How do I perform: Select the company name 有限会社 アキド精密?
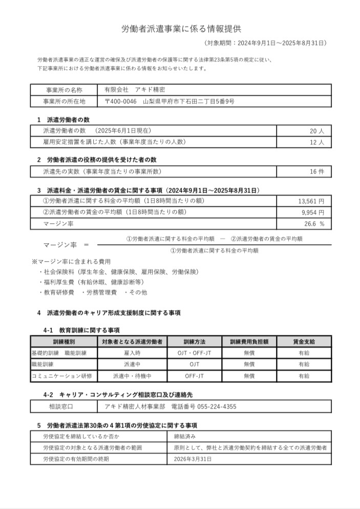[x=128, y=89]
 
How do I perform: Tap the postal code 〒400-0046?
[x=120, y=101]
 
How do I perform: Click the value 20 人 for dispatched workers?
[x=317, y=131]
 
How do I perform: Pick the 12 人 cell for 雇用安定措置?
[x=317, y=142]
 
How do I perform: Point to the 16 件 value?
[x=317, y=172]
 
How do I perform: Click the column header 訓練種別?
[x=63, y=342]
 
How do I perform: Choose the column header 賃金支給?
[x=304, y=342]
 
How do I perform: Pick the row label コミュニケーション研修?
[x=62, y=376]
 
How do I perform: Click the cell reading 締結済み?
[x=185, y=437]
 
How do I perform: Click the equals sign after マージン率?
[x=86, y=245]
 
